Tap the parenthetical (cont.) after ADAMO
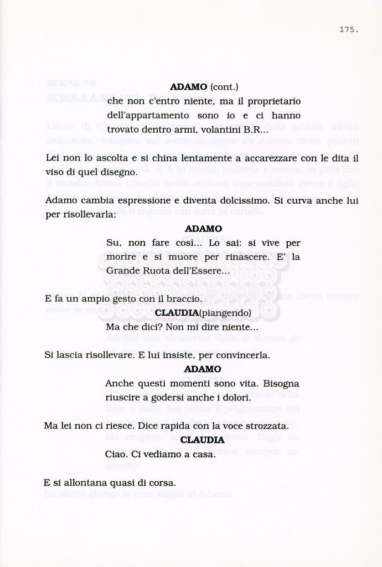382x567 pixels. click(x=224, y=87)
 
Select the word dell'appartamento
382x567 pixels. click(x=148, y=116)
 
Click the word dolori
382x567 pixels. click(x=235, y=398)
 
